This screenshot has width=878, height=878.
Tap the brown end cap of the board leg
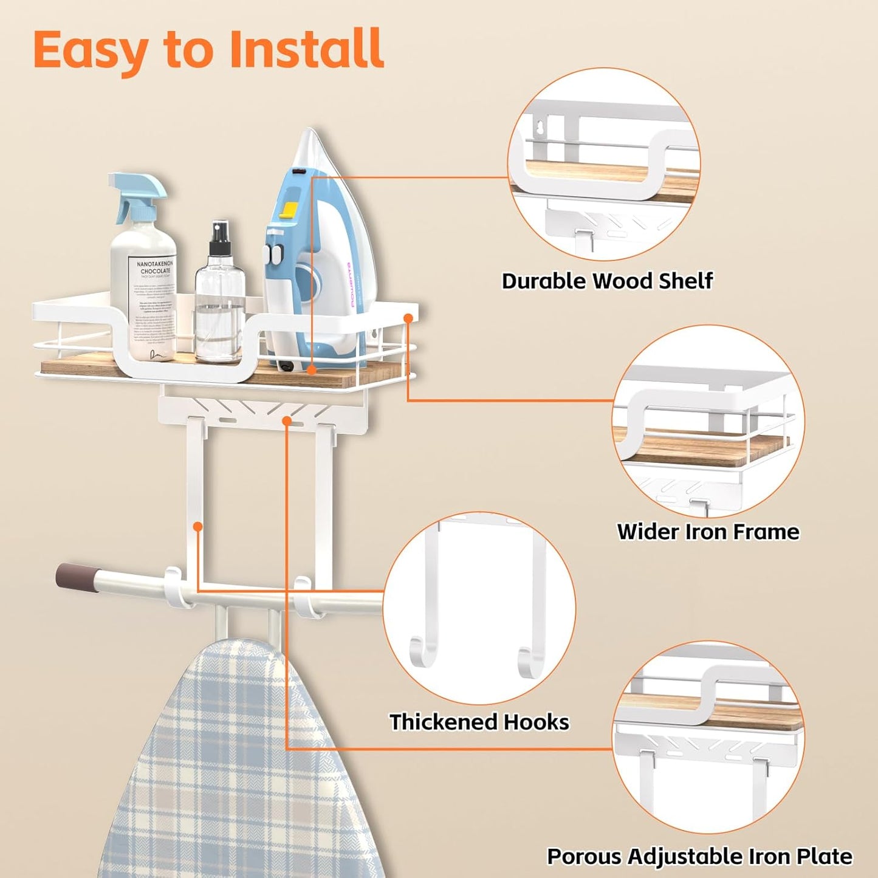click(x=73, y=576)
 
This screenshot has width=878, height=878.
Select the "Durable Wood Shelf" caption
click(x=606, y=281)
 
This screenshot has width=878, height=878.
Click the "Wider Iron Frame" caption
click(x=708, y=532)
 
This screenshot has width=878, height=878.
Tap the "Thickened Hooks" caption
click(x=479, y=722)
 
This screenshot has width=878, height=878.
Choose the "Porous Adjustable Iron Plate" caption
click(x=699, y=856)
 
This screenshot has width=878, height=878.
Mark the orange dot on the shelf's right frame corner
click(x=408, y=318)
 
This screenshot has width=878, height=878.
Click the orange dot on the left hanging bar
click(x=197, y=527)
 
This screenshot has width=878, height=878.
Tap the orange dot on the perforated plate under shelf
click(x=287, y=420)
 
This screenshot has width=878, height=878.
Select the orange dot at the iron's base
click(x=311, y=369)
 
